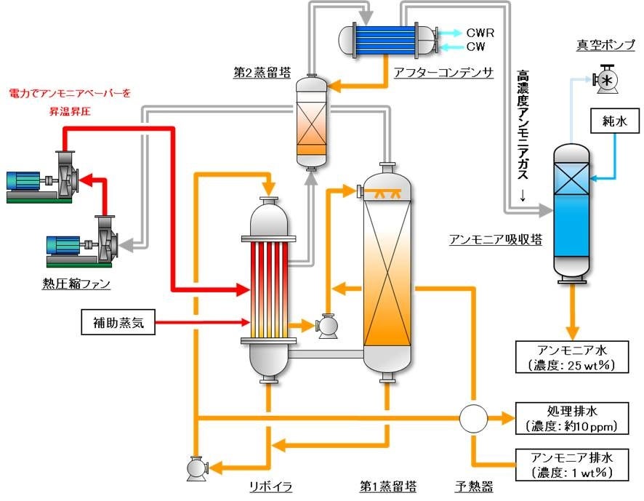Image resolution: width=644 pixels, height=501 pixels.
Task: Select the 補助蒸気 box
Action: tap(118, 321)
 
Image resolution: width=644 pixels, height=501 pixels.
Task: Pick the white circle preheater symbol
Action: tap(473, 418)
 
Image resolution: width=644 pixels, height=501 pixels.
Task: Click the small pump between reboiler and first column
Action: tap(328, 326)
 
